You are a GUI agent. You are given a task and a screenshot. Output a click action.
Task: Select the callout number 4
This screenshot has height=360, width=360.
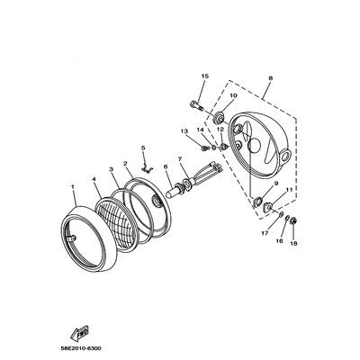coord(94,180)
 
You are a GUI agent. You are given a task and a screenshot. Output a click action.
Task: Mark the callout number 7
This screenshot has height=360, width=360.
coord(180,158)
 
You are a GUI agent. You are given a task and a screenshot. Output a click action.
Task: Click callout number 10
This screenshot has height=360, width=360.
coord(232,94)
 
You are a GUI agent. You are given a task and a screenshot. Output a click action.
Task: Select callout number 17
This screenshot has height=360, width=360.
coord(265,234)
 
